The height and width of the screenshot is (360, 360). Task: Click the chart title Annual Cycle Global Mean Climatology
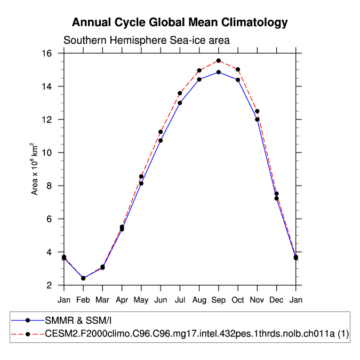coord(180,22)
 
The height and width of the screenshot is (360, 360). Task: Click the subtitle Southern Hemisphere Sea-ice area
coord(147,41)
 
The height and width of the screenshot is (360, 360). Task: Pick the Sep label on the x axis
coord(219,300)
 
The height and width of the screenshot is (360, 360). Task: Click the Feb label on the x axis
coord(83,300)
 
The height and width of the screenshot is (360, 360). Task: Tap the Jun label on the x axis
coord(161,300)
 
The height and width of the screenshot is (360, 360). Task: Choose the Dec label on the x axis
coord(276,300)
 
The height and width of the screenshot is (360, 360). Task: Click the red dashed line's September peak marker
coord(219,61)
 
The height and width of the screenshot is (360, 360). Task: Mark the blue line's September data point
coord(219,72)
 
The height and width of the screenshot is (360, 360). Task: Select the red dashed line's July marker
coord(180,93)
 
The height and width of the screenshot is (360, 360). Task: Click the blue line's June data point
coord(161,140)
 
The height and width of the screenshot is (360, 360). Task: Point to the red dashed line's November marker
coord(257,111)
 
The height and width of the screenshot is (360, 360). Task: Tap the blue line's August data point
coord(199,79)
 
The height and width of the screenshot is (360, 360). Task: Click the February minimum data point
coord(83,278)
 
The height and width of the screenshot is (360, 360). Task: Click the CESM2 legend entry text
coord(197,334)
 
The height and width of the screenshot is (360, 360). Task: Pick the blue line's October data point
coord(238,80)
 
